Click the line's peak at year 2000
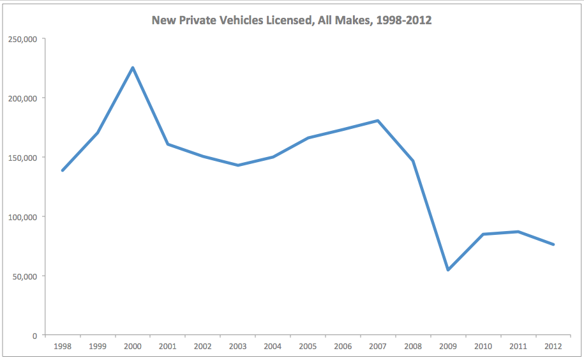point(133,68)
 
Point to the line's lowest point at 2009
point(448,270)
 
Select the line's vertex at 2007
point(378,121)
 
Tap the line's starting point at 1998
point(63,170)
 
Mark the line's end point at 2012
point(553,244)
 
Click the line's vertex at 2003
point(238,165)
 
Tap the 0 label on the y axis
point(36,336)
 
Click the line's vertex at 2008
point(413,160)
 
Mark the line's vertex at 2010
point(483,234)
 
